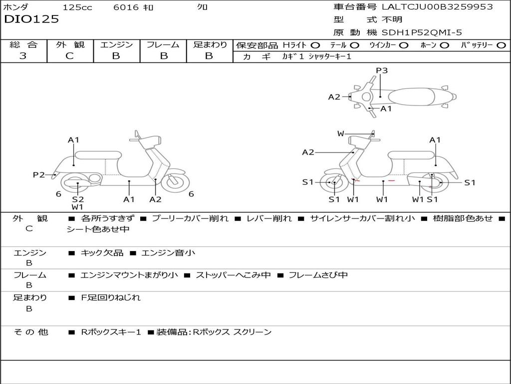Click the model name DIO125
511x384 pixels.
point(31,19)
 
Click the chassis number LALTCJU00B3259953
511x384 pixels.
point(437,7)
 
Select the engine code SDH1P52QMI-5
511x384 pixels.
point(422,32)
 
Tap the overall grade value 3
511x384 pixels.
point(23,56)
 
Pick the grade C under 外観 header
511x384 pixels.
point(69,56)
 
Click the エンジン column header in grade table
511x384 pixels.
point(116,44)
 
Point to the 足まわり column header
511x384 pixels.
point(210,44)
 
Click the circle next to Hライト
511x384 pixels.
point(315,45)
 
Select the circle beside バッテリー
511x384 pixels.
point(501,45)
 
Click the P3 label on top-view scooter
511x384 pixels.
point(382,70)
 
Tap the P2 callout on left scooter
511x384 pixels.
point(39,174)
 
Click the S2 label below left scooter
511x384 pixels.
point(78,199)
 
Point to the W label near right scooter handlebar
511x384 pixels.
point(341,133)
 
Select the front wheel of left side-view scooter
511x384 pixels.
point(175,182)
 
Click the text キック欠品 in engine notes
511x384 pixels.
point(102,253)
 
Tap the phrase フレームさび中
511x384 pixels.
point(318,275)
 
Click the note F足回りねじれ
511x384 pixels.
point(111,297)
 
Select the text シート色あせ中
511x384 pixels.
point(98,229)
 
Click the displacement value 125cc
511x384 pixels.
point(77,7)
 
